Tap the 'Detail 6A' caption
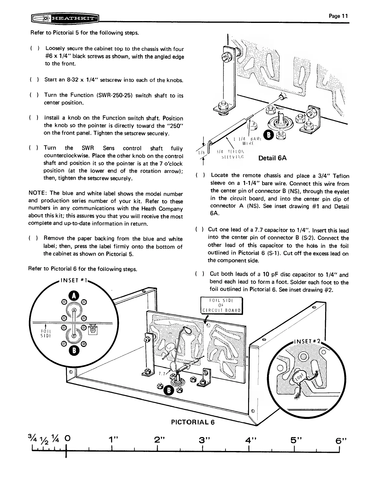(x=272, y=158)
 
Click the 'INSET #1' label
(x=74, y=280)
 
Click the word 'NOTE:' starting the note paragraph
(x=37, y=193)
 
